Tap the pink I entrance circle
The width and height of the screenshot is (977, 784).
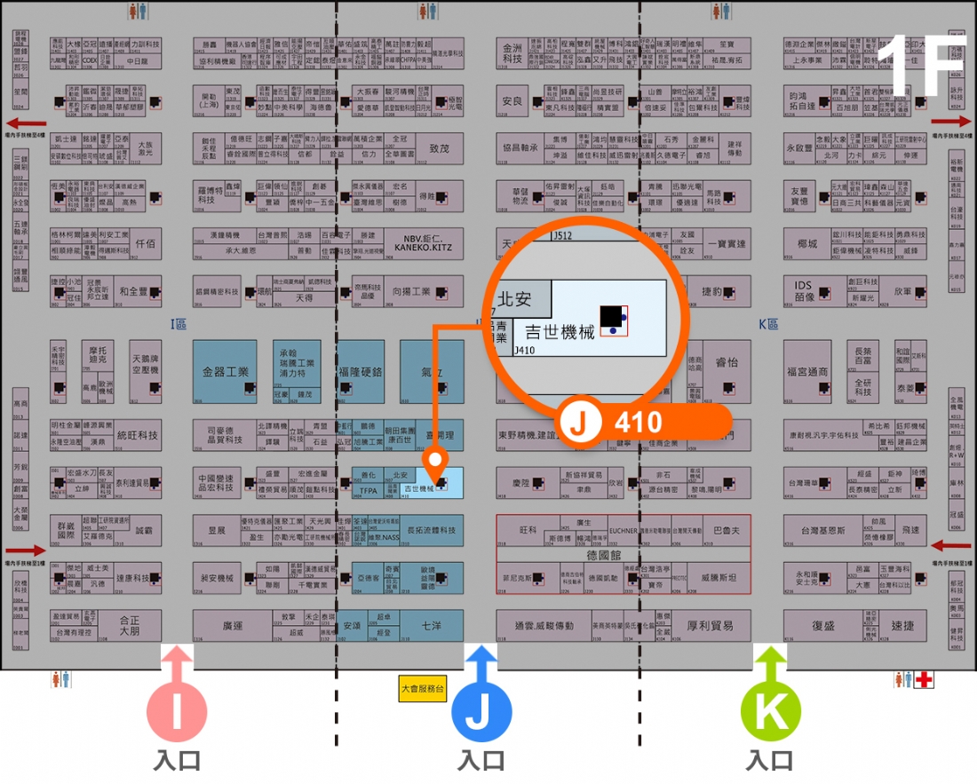pos(177,710)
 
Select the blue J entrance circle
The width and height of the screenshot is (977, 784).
pos(481,710)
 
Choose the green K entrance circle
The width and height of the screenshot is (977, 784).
pos(771,710)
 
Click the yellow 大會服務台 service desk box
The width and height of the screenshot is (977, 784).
pos(422,689)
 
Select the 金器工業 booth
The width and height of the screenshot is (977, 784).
pos(225,371)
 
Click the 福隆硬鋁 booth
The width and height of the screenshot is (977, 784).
pos(361,371)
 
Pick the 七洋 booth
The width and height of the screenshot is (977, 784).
pos(432,626)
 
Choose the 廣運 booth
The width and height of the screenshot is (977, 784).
pos(233,626)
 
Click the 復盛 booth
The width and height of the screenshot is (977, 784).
pos(823,626)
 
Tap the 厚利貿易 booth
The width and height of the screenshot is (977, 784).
pos(711,626)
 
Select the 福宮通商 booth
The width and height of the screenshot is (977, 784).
pos(807,372)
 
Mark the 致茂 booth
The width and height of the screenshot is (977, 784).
pos(439,148)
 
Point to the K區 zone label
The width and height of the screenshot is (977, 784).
pos(768,325)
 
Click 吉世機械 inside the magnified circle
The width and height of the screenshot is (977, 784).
pos(560,333)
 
